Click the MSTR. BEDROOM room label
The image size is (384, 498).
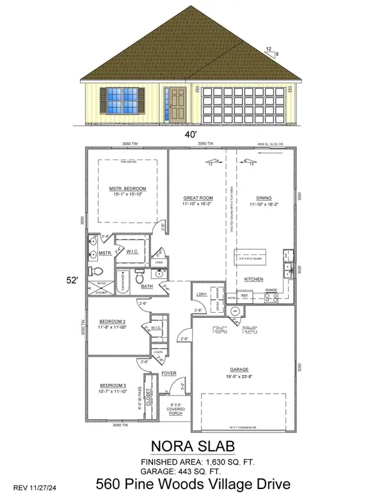127,188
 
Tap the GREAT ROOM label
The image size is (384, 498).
193,199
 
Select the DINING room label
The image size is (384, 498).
259,199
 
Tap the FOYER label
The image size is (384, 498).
168,372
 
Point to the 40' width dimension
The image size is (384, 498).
191,135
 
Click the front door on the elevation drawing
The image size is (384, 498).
173,106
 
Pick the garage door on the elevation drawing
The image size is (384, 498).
244,106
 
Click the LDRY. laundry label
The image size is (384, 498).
200,294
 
